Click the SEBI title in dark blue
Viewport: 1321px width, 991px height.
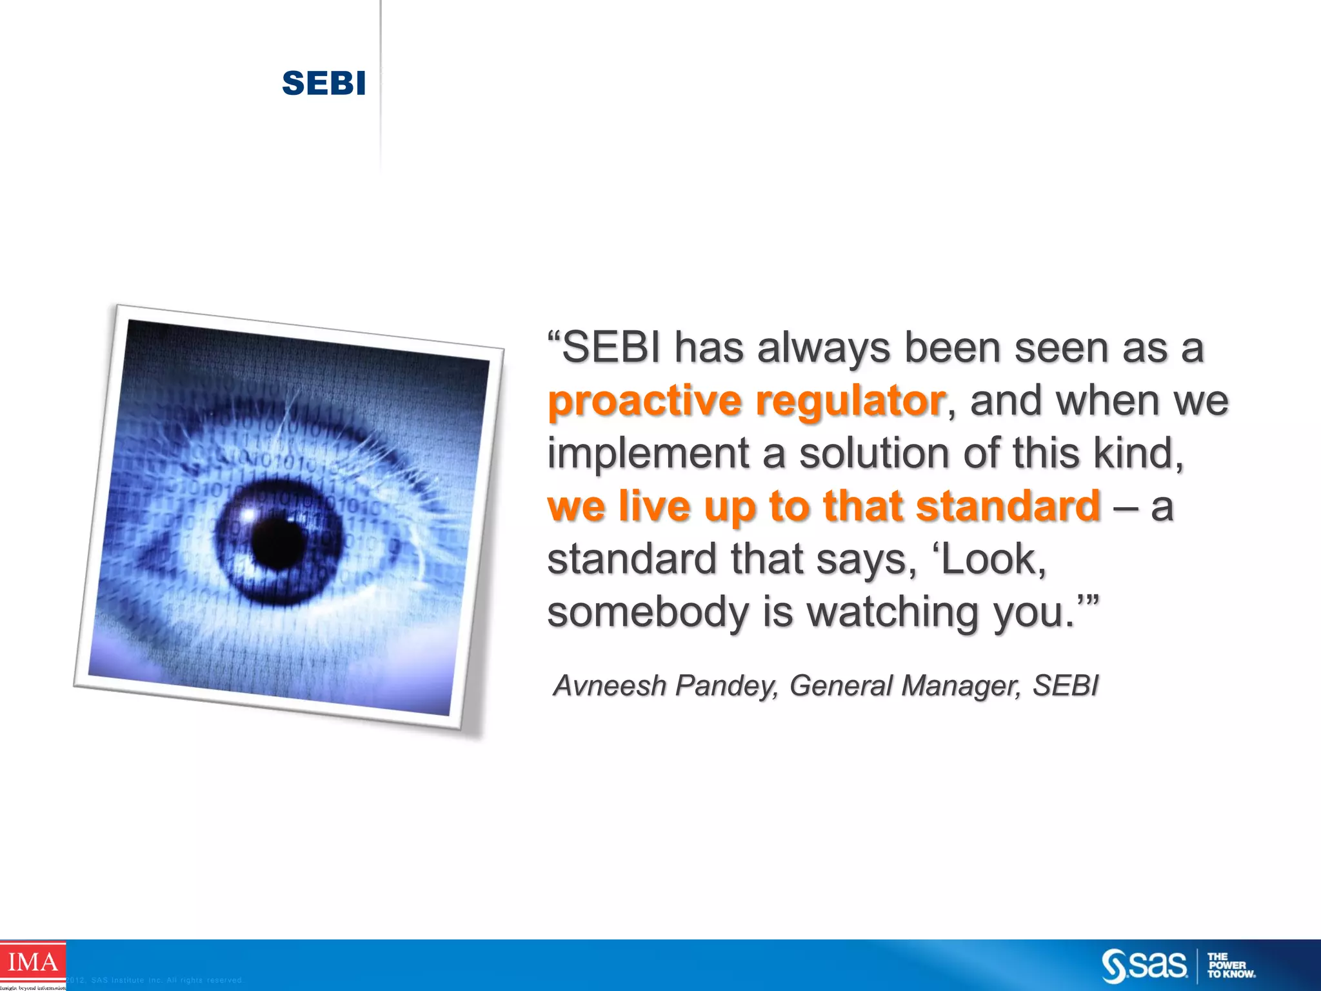[x=324, y=83]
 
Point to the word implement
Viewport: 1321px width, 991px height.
[x=648, y=454]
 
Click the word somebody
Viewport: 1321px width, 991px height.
[x=648, y=612]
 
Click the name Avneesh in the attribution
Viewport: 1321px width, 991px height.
[x=610, y=686]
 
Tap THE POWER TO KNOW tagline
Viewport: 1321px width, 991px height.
[x=1231, y=966]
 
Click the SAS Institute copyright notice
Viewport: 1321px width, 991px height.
[x=155, y=981]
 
